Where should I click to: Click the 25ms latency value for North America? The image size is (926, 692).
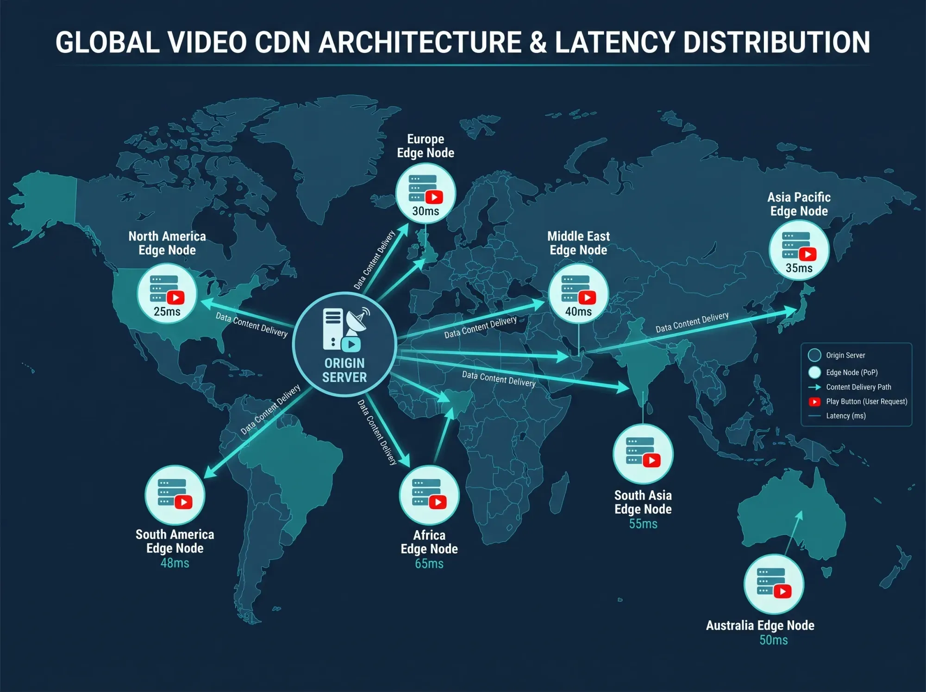click(167, 311)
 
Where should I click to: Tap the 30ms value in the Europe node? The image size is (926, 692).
click(425, 211)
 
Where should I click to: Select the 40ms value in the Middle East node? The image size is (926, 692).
click(578, 311)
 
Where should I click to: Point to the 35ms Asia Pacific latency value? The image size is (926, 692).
click(799, 268)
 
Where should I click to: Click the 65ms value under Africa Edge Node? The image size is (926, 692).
click(429, 564)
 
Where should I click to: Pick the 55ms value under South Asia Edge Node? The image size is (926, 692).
click(643, 524)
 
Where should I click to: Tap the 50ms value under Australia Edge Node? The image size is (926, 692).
click(774, 640)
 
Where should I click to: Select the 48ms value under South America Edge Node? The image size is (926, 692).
click(175, 563)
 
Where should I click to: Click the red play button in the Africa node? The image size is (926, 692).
click(438, 502)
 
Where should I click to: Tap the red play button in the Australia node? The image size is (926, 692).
click(782, 591)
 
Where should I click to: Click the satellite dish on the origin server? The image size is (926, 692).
click(358, 320)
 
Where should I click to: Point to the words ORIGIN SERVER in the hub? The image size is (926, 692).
click(344, 370)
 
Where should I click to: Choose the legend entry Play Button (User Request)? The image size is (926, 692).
click(866, 401)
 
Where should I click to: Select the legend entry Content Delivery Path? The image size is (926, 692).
click(858, 387)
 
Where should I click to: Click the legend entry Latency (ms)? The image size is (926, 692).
click(846, 416)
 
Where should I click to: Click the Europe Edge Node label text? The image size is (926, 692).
click(425, 146)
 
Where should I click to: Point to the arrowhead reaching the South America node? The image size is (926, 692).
click(210, 472)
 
